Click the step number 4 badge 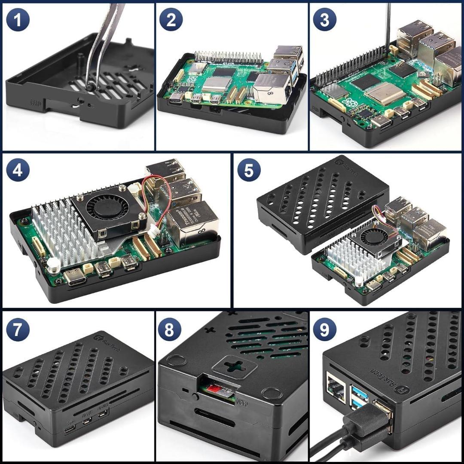click(18, 171)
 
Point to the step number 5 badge click(249, 170)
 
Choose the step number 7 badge click(18, 330)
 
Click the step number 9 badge click(324, 330)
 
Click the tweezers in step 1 click(103, 43)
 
